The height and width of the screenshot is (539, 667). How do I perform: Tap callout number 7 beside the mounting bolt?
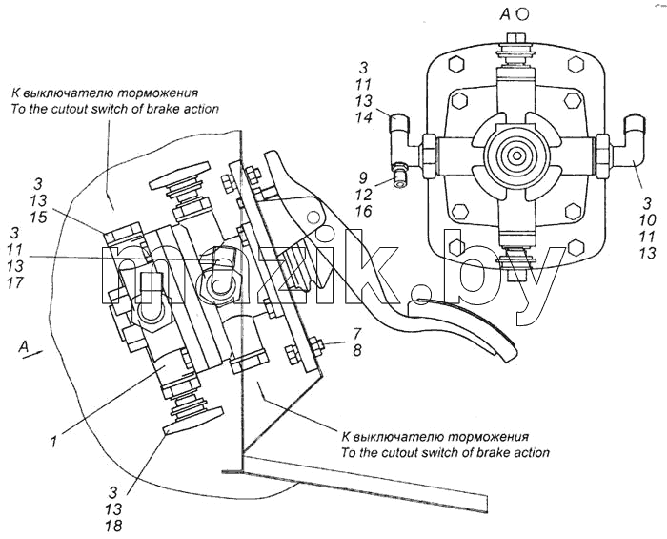356,333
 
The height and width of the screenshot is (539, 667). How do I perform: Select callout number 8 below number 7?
356,350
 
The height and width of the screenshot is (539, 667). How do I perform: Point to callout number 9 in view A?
362,177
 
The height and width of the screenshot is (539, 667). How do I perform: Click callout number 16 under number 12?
363,212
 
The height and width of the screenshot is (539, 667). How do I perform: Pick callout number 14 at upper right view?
364,117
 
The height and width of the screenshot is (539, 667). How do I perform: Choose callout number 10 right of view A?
647,220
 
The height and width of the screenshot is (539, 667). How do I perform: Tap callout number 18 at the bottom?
114,527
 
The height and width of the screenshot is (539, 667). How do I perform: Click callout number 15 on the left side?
39,218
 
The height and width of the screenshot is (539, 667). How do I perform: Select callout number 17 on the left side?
15,283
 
